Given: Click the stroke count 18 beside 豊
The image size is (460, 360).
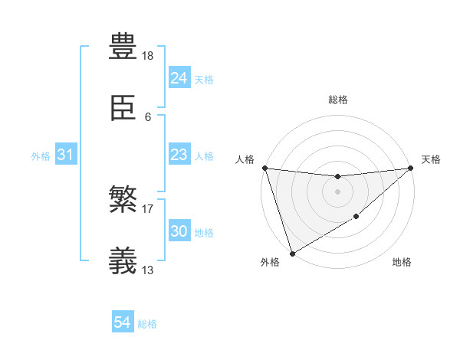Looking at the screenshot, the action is (x=149, y=56).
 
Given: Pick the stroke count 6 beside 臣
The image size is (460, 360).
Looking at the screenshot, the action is (x=148, y=117).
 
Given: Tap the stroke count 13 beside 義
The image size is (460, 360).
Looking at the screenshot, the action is (x=149, y=270).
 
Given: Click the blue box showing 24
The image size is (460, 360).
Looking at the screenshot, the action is (x=179, y=78).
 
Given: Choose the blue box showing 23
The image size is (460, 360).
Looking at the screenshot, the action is (x=179, y=155).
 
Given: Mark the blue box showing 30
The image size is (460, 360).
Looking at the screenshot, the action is (x=179, y=231).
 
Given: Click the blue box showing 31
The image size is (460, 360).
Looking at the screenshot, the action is (x=66, y=155).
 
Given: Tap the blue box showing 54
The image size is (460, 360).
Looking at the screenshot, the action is (x=123, y=323).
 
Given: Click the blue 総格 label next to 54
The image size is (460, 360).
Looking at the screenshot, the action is (x=147, y=324).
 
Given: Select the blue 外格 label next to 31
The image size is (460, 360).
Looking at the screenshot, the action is (x=41, y=155).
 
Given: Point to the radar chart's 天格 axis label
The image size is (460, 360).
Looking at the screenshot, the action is (x=431, y=159).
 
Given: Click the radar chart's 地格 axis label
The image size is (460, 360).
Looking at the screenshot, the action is (x=402, y=263).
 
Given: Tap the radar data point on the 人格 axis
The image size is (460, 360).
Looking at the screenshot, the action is (x=264, y=168).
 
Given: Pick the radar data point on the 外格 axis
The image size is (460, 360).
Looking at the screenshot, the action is (x=292, y=253).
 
